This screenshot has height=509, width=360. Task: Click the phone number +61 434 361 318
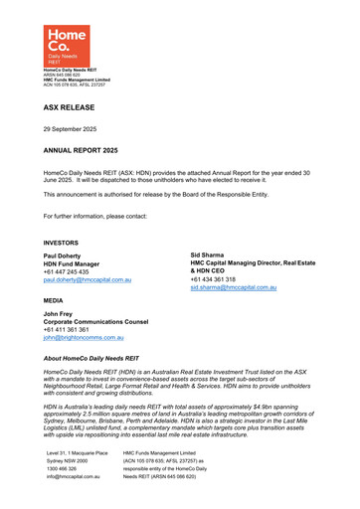(220, 280)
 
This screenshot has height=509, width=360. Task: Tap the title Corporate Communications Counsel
(113, 323)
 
